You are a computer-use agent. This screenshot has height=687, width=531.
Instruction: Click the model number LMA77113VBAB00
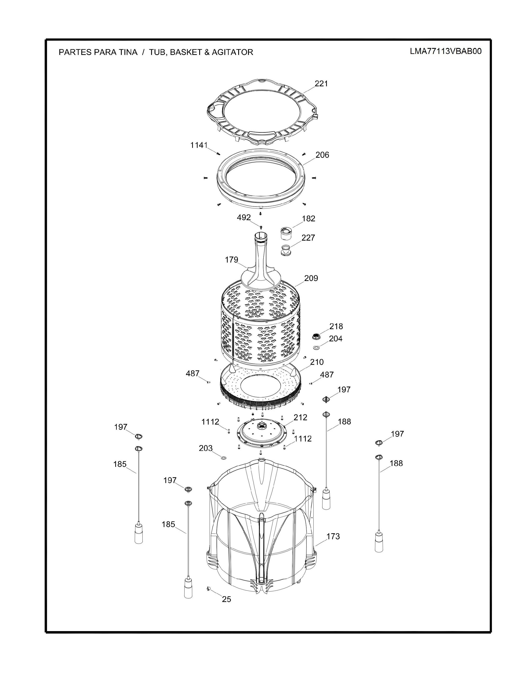446,51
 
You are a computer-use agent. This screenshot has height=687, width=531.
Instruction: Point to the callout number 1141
199,145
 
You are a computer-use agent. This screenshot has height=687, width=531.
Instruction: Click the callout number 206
322,155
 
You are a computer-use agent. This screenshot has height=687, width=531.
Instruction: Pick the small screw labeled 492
261,227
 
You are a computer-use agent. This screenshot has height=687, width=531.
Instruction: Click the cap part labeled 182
285,234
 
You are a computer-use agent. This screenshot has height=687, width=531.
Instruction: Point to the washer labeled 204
316,348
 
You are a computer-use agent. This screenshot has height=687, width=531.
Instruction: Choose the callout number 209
311,278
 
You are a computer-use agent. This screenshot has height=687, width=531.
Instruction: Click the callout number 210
317,362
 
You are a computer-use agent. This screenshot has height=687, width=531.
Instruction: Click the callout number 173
333,536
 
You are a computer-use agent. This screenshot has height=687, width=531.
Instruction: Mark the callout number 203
206,448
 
